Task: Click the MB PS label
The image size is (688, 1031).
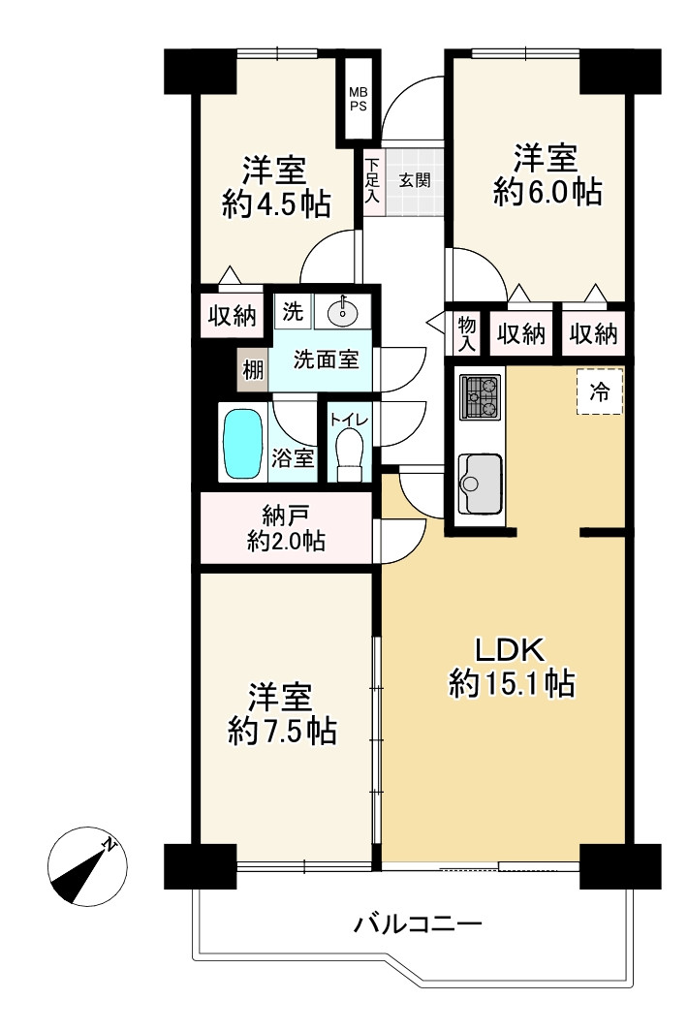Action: (x=358, y=99)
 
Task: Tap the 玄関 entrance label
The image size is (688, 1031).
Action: (x=415, y=180)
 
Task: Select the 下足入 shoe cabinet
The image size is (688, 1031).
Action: (x=373, y=180)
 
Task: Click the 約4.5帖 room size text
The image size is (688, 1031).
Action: (x=276, y=205)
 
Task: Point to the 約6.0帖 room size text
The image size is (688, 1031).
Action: (x=547, y=192)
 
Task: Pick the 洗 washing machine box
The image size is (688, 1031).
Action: (x=293, y=311)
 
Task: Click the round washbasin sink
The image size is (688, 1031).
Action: (x=342, y=312)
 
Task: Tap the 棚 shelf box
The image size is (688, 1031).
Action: (x=253, y=370)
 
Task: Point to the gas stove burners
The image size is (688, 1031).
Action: (x=481, y=396)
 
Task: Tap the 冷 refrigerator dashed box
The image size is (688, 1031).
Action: (x=600, y=391)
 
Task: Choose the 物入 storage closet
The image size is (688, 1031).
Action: (x=466, y=333)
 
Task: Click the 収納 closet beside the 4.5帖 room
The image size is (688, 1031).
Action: (x=233, y=316)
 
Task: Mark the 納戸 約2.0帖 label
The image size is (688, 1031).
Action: (x=286, y=528)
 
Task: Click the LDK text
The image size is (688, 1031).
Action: (x=511, y=650)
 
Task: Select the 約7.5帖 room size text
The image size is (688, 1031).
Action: (x=282, y=732)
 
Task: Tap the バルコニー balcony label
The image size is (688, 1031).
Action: (x=419, y=923)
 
